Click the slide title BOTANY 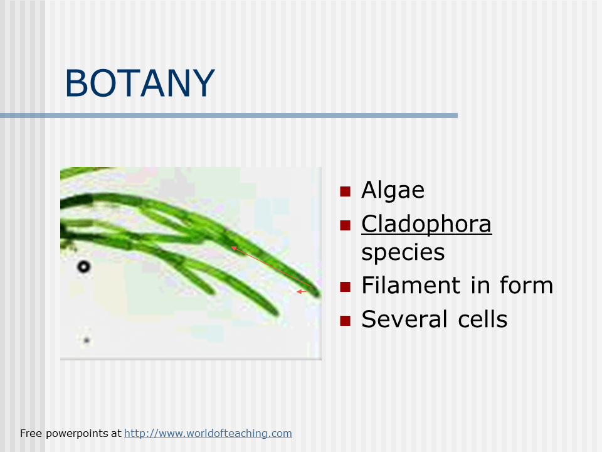coord(140,83)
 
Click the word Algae coord(393,190)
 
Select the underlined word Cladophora coord(426,223)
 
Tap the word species coord(403,252)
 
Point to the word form coord(526,286)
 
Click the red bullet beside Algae coord(344,191)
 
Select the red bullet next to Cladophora coord(344,225)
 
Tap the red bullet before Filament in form coord(344,287)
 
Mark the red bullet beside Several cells coord(344,321)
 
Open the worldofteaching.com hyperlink coord(208,433)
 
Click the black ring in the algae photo coord(83,267)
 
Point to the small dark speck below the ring coord(87,340)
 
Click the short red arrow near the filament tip coord(302,291)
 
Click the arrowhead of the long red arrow coord(234,249)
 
